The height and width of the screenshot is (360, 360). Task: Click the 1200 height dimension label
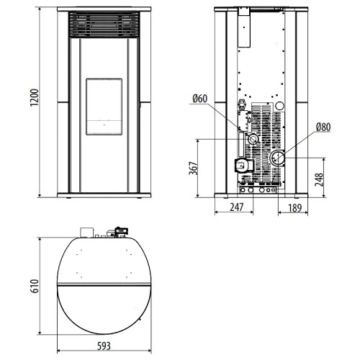coord(35,97)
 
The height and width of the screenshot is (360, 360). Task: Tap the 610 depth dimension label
coord(35,286)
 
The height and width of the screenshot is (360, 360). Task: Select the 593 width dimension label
coord(104,346)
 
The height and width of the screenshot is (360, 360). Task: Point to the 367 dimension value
coord(194,168)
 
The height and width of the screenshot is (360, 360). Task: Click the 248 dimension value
coord(319,179)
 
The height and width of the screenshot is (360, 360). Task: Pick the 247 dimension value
coord(237,207)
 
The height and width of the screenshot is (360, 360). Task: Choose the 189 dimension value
coord(294,208)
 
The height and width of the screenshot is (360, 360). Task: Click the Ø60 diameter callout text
coord(200,99)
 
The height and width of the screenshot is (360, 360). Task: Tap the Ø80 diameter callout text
coord(323,127)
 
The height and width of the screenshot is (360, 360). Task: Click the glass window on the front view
coord(104,107)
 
